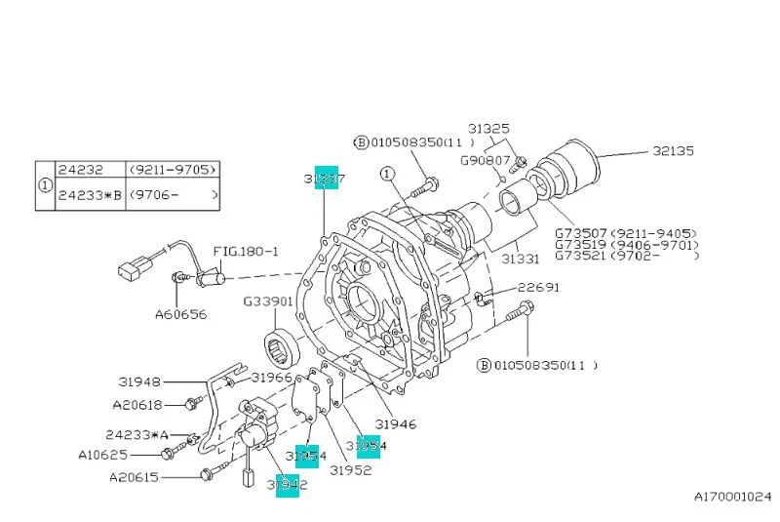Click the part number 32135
pos(674,151)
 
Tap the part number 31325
pos(487,128)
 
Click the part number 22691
pos(538,288)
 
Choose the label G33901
pos(268,301)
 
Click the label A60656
pos(180,315)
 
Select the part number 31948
pos(141,382)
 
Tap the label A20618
pos(136,404)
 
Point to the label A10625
pos(104,454)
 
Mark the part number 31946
pos(396,424)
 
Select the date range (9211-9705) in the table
pos(173,168)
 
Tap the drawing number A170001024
pos(732,497)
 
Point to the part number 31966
pos(272,377)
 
